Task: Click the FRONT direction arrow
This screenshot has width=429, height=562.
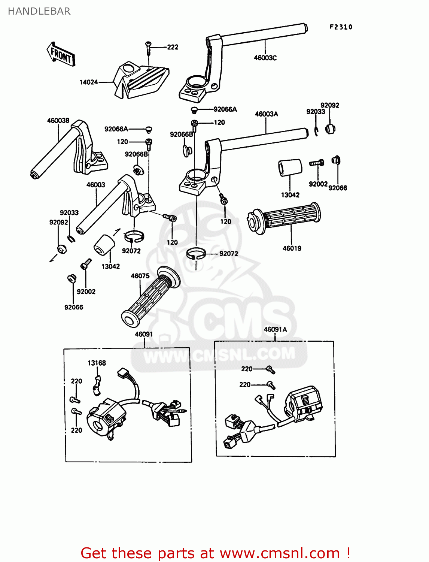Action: tap(61, 55)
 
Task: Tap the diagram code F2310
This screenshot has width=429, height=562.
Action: tap(341, 27)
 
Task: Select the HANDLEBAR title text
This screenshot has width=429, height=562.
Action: tap(39, 11)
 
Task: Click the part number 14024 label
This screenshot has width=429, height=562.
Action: tap(89, 82)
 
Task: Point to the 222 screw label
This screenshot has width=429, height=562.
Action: tap(173, 47)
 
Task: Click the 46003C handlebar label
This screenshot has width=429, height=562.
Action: tap(265, 58)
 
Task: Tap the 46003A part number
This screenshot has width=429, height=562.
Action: tap(266, 114)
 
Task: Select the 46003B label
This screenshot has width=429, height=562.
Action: tap(58, 121)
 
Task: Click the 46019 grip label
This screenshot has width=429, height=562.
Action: tap(292, 248)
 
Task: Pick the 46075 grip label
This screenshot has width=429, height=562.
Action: tap(140, 276)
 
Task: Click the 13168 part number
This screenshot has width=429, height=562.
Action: tap(97, 363)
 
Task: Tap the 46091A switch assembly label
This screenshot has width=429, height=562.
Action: tap(275, 329)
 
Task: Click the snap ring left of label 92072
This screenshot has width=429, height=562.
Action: tap(196, 254)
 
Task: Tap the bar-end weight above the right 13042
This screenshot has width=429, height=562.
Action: tap(290, 168)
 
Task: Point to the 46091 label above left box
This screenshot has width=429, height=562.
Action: tap(144, 334)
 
